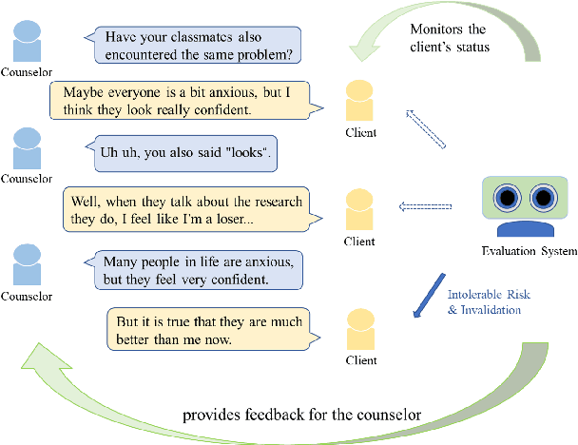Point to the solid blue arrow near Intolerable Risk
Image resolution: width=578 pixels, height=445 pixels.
pyautogui.click(x=427, y=297)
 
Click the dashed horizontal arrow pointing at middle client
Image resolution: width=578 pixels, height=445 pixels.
pyautogui.click(x=422, y=203)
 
